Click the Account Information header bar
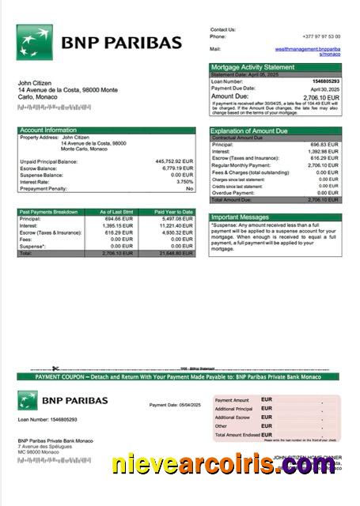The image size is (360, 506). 106,130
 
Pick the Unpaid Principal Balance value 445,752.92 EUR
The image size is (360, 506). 174,161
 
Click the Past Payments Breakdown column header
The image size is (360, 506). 49,212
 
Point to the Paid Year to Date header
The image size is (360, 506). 173,212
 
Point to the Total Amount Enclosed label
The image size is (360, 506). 237,434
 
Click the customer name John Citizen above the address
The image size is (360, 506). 35,83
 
